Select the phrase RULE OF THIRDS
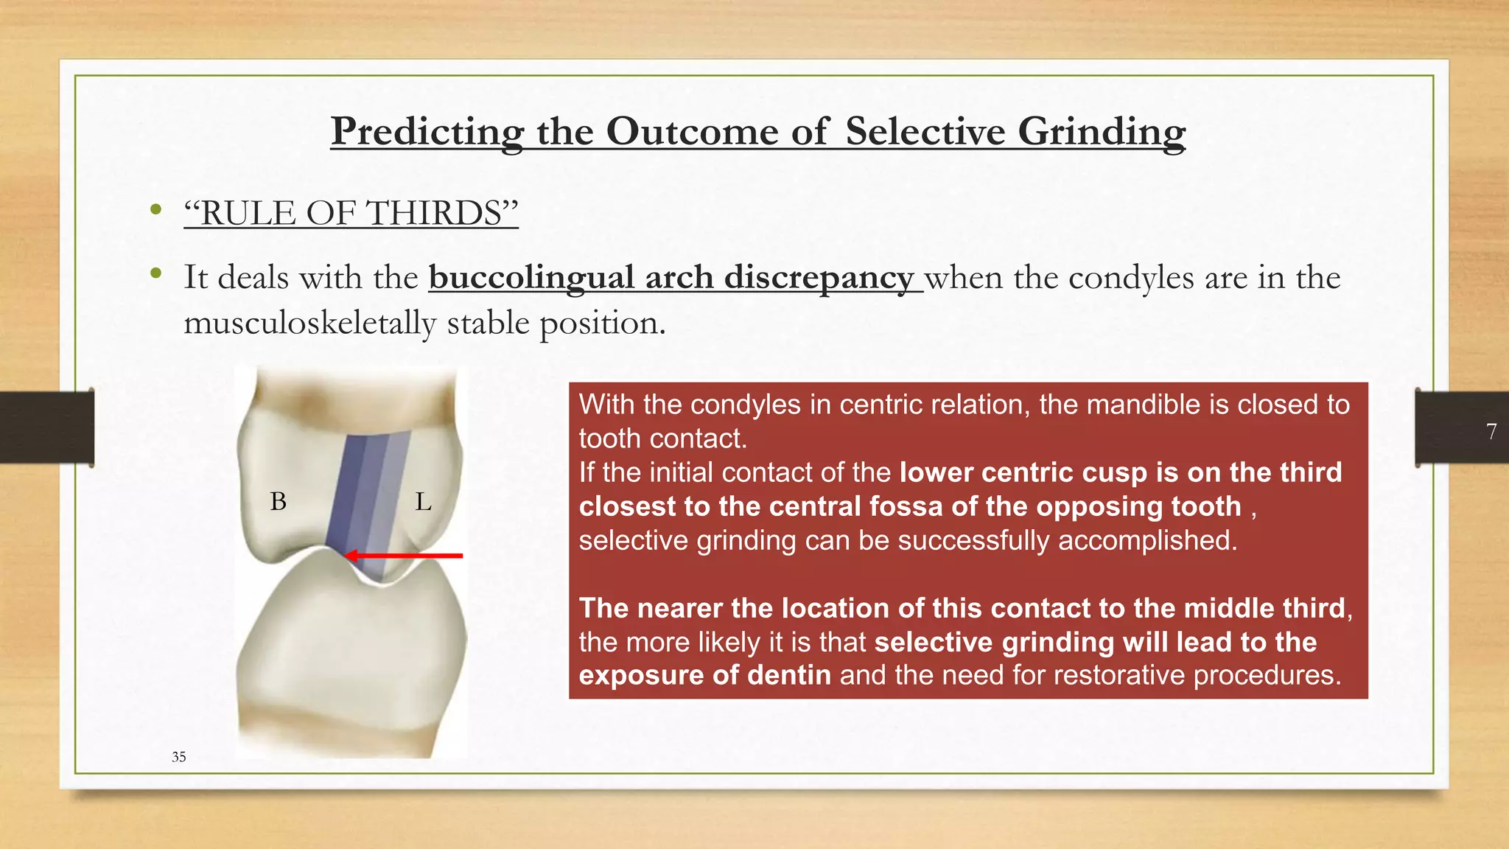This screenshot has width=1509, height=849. click(x=351, y=213)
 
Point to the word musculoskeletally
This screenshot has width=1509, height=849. click(x=309, y=323)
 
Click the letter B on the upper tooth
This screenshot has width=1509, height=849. click(x=279, y=502)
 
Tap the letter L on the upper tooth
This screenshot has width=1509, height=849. click(x=423, y=502)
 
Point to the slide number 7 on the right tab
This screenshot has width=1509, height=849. click(x=1491, y=431)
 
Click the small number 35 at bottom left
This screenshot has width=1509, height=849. click(x=178, y=757)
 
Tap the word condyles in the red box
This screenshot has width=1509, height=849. click(x=745, y=405)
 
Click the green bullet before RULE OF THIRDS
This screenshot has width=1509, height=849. click(x=155, y=210)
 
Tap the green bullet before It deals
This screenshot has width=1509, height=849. click(x=155, y=274)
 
